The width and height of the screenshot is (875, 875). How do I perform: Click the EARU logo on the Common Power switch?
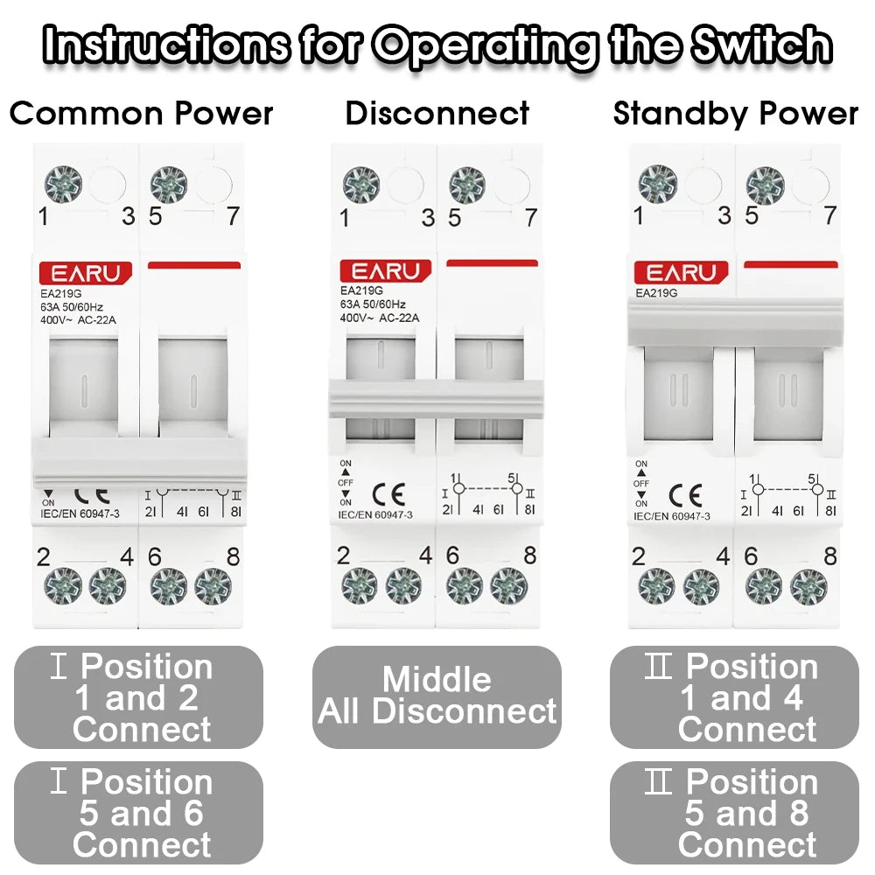click(85, 273)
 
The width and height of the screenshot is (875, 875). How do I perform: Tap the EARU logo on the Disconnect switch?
click(386, 272)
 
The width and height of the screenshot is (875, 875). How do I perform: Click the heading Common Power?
click(141, 114)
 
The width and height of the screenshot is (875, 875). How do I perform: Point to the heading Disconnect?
click(437, 114)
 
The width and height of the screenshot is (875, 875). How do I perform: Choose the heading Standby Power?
click(735, 114)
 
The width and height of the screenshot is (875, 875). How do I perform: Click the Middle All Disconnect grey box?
click(437, 696)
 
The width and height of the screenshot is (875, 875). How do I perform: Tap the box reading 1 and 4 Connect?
click(734, 697)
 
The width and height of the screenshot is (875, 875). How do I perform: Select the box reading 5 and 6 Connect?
click(139, 813)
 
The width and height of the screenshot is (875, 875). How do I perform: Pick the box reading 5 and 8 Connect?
click(734, 813)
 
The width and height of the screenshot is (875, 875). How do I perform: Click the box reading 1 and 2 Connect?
click(139, 697)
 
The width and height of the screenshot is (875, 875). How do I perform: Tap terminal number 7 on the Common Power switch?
click(232, 216)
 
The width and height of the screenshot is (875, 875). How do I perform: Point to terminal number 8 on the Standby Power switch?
click(829, 556)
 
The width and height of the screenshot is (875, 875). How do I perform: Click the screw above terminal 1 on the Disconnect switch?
click(360, 185)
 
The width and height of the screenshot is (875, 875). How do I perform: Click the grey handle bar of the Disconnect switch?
click(437, 399)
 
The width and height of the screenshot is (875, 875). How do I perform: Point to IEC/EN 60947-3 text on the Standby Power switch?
click(672, 517)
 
